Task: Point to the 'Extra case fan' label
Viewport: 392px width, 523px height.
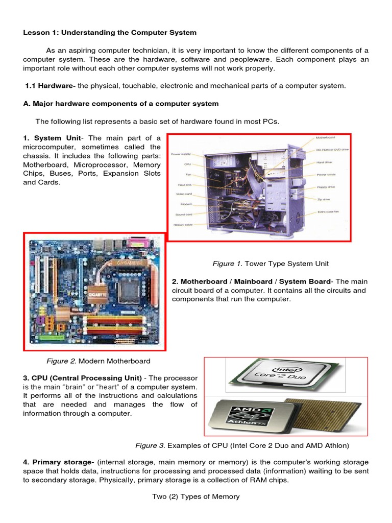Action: click(328, 211)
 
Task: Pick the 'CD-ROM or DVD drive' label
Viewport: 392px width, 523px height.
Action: click(332, 150)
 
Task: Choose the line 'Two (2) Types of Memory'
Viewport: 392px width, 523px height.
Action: click(196, 496)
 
